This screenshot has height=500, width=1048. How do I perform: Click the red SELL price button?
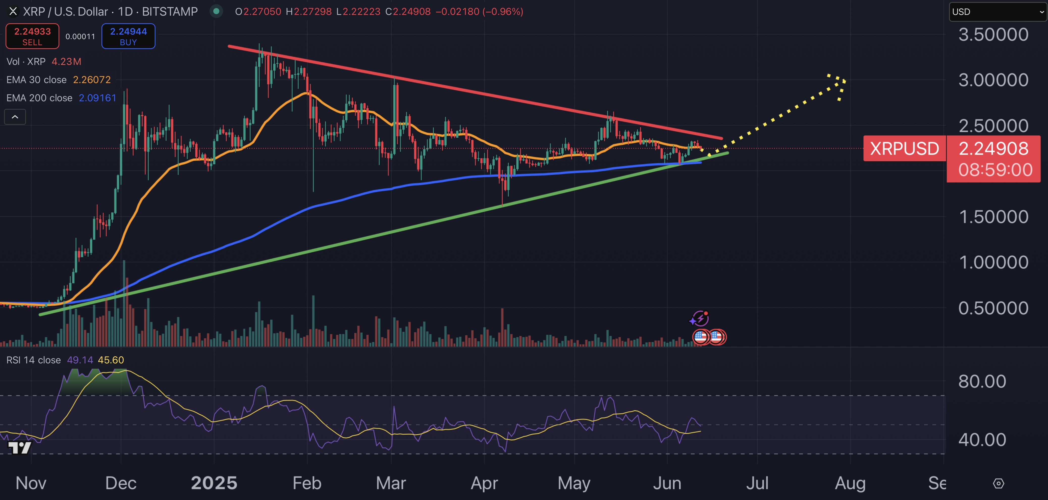[x=32, y=36]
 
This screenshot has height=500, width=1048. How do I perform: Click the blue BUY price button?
[x=128, y=36]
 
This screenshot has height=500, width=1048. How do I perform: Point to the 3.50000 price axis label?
[x=993, y=35]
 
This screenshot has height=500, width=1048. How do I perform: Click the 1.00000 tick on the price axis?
[x=993, y=262]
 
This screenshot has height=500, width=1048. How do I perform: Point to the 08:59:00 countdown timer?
[x=995, y=170]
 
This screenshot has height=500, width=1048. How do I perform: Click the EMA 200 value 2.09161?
[x=97, y=98]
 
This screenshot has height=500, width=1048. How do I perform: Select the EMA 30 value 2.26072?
[x=92, y=80]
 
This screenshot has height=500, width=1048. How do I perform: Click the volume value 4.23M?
[x=66, y=61]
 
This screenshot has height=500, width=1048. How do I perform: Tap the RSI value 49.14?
[x=80, y=360]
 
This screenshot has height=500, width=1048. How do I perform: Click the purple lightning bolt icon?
[x=700, y=318]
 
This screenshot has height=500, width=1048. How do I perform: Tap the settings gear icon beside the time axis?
[x=998, y=483]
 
